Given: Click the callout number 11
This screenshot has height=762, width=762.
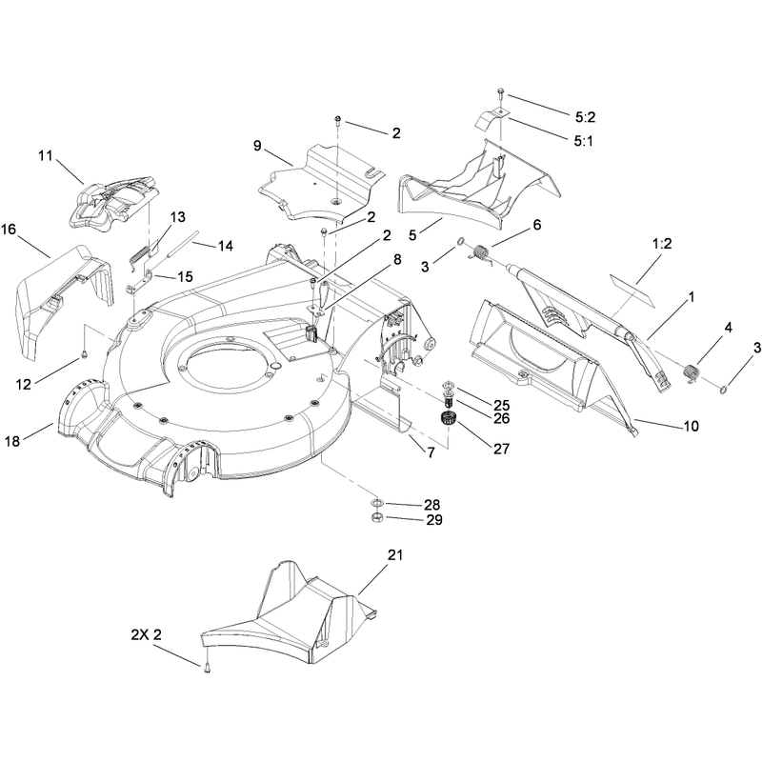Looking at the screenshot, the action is [45, 156].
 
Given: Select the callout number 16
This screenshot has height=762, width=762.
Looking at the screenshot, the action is [9, 229].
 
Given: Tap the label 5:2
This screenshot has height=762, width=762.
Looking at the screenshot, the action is [585, 117].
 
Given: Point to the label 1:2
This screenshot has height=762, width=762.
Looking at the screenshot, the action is [662, 243].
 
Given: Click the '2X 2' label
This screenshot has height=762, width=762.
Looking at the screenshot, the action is [147, 634].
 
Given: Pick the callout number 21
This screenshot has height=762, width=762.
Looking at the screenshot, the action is [395, 554].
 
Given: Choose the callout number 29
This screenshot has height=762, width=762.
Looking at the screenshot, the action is [434, 519].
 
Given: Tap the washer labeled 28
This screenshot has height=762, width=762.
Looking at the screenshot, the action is [376, 502].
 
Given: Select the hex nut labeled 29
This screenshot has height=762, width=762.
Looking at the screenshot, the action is [376, 517].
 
